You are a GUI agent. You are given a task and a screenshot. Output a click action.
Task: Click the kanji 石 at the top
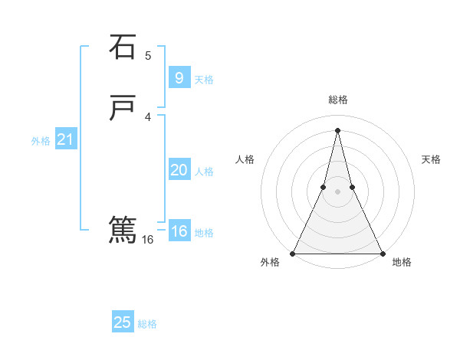[122, 47]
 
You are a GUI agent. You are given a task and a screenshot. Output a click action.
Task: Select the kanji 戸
[122, 108]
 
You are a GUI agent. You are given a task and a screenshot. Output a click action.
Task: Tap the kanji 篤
[122, 229]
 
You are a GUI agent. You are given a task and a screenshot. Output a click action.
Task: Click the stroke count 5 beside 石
[148, 56]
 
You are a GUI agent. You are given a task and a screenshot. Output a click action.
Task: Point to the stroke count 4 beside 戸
[148, 116]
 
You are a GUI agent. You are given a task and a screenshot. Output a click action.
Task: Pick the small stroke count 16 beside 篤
[148, 240]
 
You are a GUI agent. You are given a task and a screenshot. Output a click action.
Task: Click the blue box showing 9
[179, 77]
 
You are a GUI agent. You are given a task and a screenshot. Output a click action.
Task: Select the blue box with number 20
[179, 170]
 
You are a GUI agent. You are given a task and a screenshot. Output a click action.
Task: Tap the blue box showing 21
[65, 139]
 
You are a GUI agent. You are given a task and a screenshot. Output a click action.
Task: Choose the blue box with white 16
[179, 231]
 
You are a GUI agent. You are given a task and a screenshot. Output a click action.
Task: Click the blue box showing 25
[123, 322]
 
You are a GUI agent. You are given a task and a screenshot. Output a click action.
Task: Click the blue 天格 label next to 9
[204, 80]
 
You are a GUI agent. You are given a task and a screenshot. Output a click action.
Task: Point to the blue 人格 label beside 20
[204, 172]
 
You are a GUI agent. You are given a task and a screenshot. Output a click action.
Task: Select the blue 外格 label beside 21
[41, 141]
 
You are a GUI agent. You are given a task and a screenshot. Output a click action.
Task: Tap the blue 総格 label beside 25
[147, 324]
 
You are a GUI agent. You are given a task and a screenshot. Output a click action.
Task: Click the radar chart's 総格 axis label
[337, 100]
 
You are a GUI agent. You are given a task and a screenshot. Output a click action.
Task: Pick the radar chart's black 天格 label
[432, 159]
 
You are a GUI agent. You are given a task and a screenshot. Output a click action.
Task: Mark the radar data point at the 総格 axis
[337, 129]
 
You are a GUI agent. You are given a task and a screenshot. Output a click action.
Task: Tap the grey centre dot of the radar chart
[337, 191]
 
